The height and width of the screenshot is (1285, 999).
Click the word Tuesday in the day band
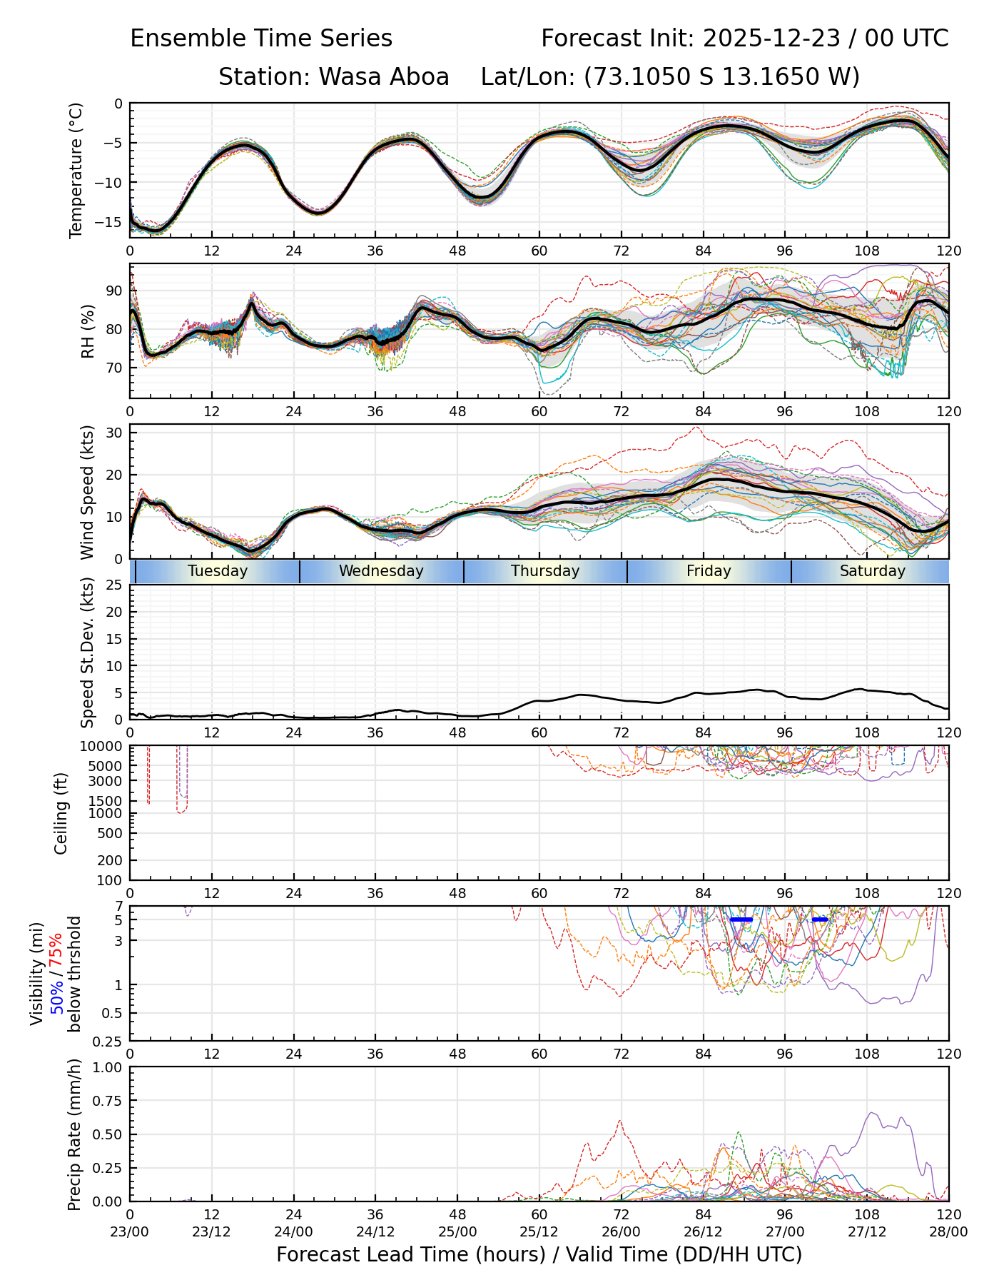tap(218, 571)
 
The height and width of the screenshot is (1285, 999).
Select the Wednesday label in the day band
tap(381, 571)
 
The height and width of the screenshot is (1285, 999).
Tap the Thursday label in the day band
tap(545, 571)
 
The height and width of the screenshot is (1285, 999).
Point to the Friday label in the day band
tap(709, 571)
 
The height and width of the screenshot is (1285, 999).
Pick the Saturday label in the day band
tap(872, 571)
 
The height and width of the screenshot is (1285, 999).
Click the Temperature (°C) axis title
tap(76, 170)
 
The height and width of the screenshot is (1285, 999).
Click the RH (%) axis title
tap(88, 331)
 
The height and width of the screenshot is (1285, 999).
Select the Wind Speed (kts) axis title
tap(87, 492)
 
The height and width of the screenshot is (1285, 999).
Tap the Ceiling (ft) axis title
tap(61, 813)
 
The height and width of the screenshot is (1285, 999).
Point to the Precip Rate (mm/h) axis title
tap(74, 1134)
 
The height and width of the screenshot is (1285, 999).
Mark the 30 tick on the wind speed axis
tap(114, 433)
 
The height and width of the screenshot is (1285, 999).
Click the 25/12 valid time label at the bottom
tap(539, 1232)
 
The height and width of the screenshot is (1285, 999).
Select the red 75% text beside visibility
tap(57, 951)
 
